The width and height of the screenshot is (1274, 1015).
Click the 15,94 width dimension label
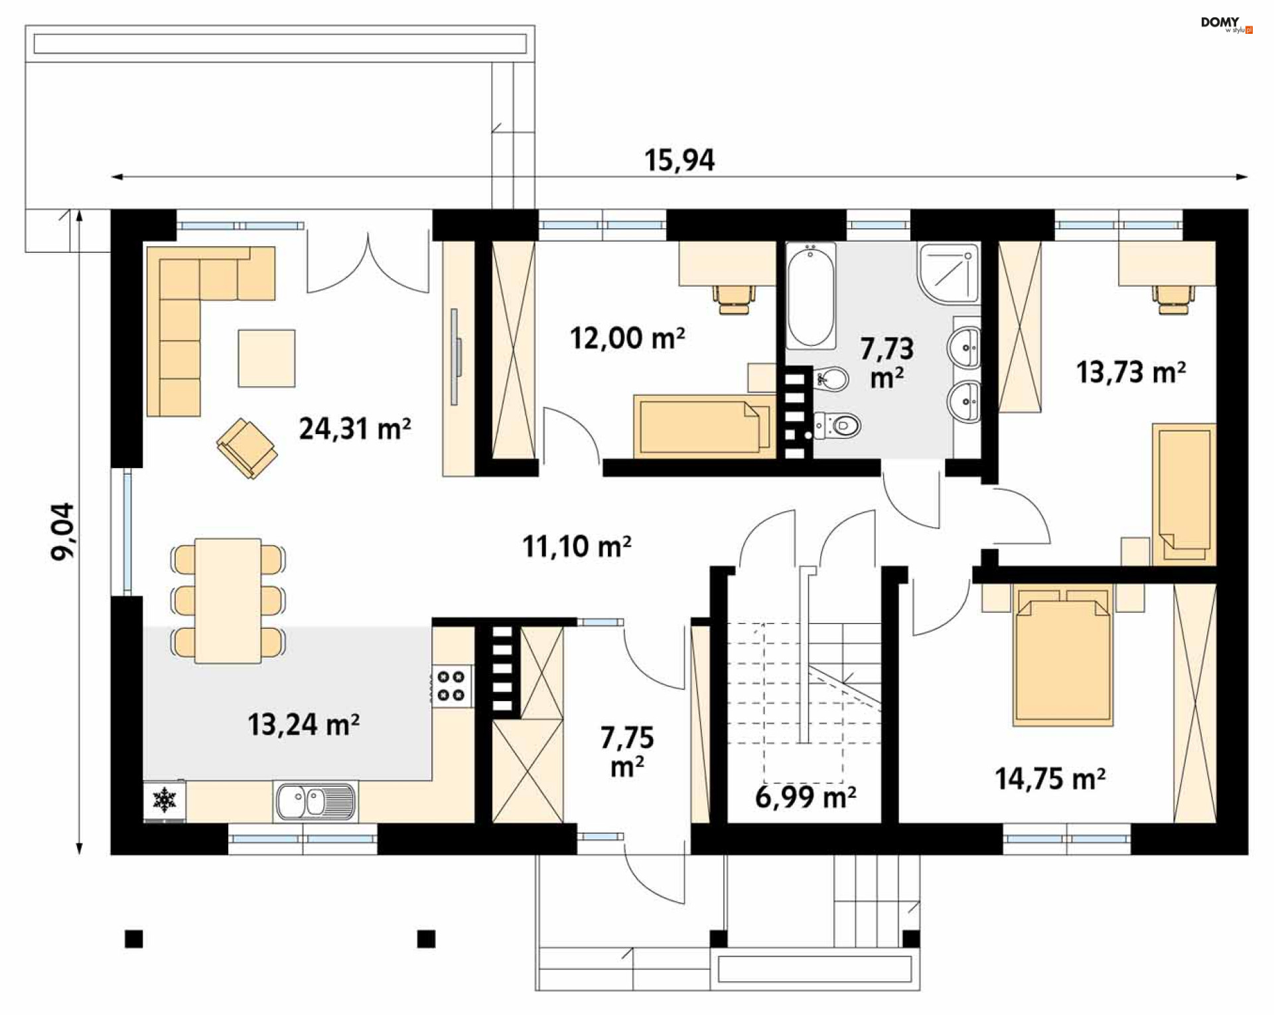[679, 161]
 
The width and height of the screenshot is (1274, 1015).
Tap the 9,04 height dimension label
[64, 531]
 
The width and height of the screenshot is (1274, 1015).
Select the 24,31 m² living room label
[355, 429]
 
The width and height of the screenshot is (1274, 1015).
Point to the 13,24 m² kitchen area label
[304, 724]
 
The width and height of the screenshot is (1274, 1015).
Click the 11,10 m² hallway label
[577, 546]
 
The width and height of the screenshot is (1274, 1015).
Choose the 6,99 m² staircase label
[806, 796]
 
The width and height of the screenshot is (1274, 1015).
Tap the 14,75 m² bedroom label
[1050, 778]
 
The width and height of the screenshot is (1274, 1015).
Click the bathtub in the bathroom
[811, 296]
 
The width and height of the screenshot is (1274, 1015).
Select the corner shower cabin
[949, 273]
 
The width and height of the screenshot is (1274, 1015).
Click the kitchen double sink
[315, 801]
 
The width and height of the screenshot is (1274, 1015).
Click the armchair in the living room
[247, 448]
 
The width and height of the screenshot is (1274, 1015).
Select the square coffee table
[267, 358]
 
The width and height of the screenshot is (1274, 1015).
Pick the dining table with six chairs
[228, 601]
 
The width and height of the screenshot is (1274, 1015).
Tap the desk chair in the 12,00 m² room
[735, 299]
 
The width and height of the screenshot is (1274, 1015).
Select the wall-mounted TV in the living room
[455, 356]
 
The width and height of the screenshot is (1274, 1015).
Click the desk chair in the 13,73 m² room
[1174, 299]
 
